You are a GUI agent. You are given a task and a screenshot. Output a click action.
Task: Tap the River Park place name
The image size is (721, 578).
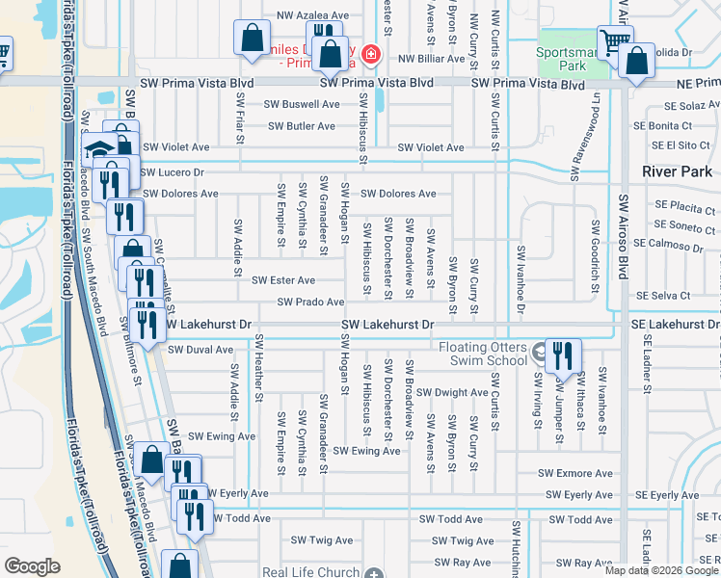point(678,171)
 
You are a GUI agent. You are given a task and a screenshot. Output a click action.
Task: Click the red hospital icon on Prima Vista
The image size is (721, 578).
point(370,55)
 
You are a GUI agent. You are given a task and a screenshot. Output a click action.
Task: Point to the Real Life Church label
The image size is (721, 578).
point(310,572)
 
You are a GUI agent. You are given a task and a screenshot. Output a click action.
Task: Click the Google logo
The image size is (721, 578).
point(32,566)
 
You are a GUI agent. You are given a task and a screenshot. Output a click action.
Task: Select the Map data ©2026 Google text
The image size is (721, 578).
point(661,570)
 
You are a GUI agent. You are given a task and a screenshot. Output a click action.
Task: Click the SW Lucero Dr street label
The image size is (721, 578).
point(173,172)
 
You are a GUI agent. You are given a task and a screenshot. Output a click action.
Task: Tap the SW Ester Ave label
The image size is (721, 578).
point(283,280)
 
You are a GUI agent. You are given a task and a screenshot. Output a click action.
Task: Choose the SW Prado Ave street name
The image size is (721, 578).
point(310,302)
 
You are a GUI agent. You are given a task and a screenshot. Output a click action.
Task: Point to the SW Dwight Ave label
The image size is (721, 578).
point(454,392)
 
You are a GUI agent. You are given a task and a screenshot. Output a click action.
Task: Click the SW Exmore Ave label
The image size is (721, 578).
point(575,473)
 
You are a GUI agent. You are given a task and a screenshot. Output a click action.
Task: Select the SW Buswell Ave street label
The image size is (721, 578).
point(304,104)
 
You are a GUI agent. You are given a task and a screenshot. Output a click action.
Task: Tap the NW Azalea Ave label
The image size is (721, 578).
point(312,15)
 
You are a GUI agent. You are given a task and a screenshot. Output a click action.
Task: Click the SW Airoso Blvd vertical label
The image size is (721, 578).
point(625,241)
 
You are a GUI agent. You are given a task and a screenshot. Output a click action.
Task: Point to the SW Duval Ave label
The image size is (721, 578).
point(200,350)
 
